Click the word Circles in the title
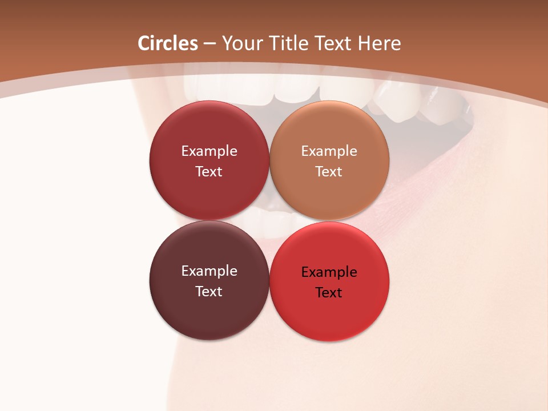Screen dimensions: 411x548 pos(168,43)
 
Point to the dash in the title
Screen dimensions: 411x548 pos(209,44)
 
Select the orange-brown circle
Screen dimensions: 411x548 pos(329,194)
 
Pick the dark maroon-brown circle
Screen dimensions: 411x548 pos(209,314)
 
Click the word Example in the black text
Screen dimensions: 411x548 pos(329,272)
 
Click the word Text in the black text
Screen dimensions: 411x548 pos(329,293)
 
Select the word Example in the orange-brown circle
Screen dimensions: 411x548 pos(329,151)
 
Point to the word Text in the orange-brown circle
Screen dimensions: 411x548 pos(329,172)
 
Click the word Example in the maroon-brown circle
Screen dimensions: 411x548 pos(209,271)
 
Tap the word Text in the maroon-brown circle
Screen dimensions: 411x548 pos(209,292)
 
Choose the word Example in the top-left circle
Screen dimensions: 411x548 pos(209,151)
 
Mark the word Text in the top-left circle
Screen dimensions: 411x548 pos(209,172)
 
